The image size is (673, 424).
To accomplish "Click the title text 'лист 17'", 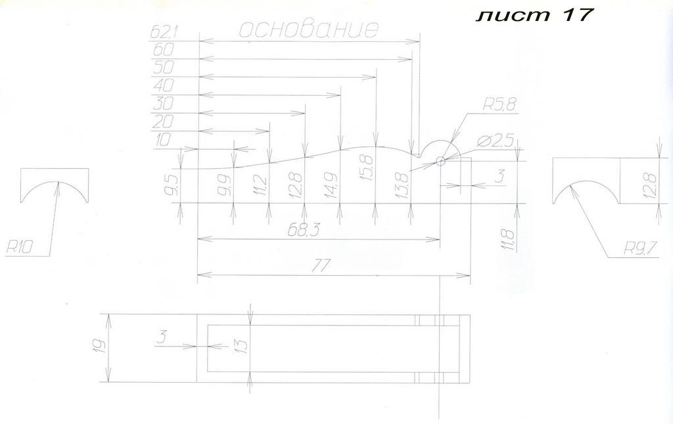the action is pos(534,15).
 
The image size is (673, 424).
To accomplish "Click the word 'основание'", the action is pos(309,30).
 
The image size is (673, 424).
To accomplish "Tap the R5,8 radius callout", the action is pos(499,105).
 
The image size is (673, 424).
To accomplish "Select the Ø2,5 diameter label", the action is pos(495,142).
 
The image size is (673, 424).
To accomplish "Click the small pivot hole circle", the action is pos(440,161).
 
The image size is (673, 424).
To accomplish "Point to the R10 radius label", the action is pos(19,248).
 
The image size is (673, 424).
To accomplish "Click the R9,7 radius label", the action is pos(640,249).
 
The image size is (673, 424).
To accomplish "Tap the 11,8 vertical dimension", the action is pos(509,240).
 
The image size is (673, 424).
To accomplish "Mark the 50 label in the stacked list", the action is pos(163,68).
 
